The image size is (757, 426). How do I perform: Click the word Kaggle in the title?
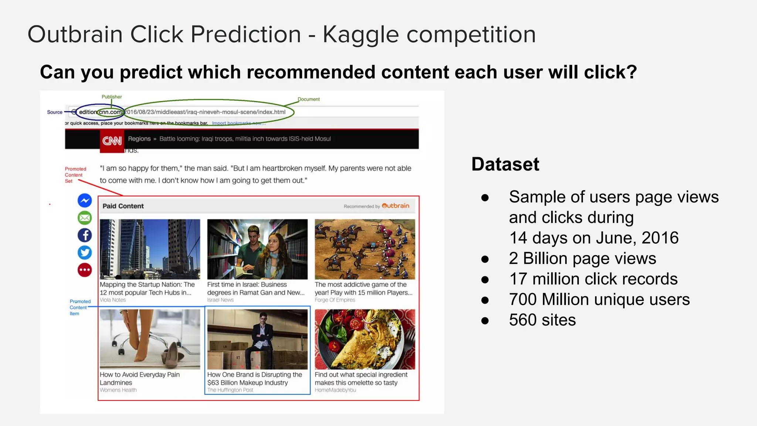(360, 35)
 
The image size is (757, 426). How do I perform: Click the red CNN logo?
(112, 141)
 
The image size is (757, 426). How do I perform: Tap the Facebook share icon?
(85, 235)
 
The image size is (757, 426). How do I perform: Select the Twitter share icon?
(85, 253)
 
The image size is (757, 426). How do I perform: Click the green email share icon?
(85, 218)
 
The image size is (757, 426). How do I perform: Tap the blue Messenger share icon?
(85, 200)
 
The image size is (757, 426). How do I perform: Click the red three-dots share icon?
(85, 270)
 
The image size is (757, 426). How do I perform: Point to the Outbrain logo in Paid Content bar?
(395, 206)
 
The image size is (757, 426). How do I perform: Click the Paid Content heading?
(123, 206)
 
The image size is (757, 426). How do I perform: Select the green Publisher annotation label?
(112, 97)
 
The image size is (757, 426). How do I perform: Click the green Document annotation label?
(309, 99)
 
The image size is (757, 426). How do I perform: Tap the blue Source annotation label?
(55, 112)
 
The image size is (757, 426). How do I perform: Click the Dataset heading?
(505, 164)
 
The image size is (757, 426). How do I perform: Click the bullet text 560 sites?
(542, 320)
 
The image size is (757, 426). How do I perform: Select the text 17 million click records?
(593, 279)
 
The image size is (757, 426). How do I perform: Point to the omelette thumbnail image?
(364, 339)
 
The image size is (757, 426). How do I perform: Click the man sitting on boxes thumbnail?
(257, 339)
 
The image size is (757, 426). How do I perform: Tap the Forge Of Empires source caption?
(335, 300)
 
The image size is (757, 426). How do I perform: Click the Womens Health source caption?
(118, 390)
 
